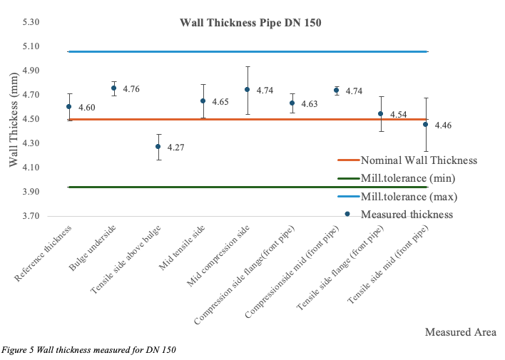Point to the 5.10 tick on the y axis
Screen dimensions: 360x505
pos(30,47)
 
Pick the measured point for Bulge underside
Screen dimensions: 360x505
pos(113,88)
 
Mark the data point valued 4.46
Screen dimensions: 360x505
pos(426,124)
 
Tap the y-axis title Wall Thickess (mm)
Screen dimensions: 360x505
pos(14,120)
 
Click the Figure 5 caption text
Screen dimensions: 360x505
pos(88,349)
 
